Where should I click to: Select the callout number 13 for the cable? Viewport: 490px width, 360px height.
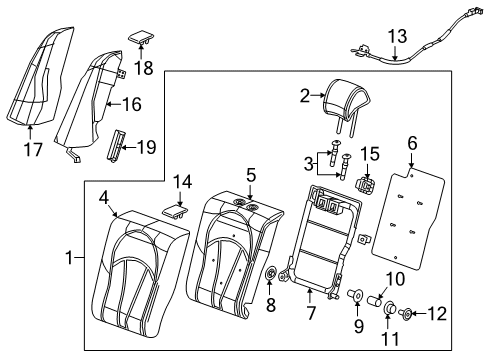397,37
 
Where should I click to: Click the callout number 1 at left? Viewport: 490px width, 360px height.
69,258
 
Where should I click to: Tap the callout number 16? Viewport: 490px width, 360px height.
132,103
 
